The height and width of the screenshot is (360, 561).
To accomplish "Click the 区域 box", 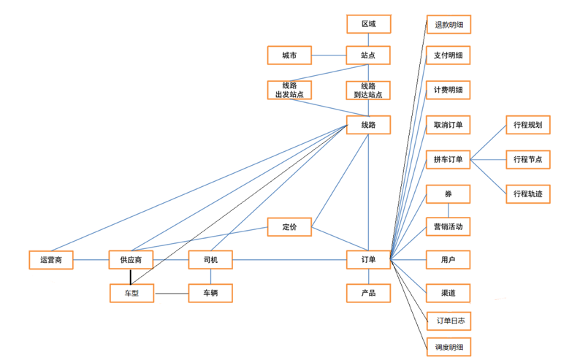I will click(368, 24).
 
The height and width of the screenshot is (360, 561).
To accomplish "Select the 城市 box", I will click(289, 55).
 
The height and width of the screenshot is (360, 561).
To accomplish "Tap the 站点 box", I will click(368, 55).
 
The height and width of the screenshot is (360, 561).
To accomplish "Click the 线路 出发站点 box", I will click(289, 90).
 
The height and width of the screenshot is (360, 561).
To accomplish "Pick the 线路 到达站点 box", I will click(368, 90).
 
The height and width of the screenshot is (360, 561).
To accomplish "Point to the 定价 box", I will click(289, 226).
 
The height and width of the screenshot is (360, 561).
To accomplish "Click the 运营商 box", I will click(51, 260).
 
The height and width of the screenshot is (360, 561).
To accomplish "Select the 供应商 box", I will click(131, 260).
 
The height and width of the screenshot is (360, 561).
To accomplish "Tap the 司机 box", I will click(210, 260).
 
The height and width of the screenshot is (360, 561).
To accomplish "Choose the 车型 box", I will click(131, 294).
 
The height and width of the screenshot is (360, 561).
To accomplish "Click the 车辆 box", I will click(210, 294).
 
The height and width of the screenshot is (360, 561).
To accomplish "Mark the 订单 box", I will click(368, 260).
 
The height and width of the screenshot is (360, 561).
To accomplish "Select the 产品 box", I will click(368, 294).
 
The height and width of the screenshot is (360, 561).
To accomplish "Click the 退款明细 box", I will click(448, 25).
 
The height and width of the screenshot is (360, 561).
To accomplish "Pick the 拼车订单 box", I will click(448, 159).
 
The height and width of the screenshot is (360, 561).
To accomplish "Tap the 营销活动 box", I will click(448, 227).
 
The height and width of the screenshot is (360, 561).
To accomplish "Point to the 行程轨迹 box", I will click(527, 194).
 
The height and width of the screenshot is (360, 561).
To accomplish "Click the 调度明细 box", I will click(448, 346).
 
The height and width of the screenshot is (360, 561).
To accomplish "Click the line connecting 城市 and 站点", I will click(329, 55).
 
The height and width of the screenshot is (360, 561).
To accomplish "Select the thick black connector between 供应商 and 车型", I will click(131, 277).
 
